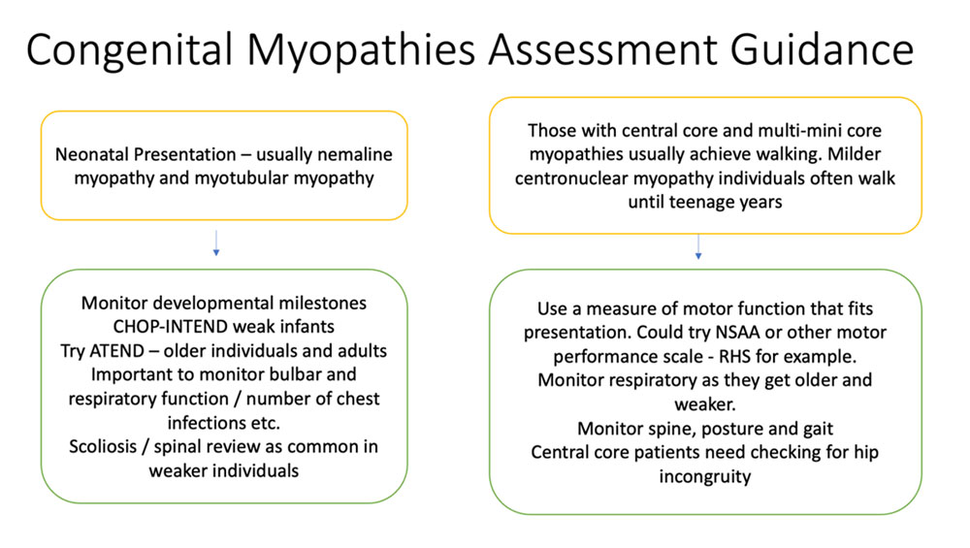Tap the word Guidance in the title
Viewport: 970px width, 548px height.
point(823,49)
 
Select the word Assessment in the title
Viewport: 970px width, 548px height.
point(602,49)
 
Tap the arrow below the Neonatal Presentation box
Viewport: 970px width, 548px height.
point(216,243)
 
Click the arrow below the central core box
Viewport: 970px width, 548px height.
point(698,246)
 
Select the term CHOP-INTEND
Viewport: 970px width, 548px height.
point(161,327)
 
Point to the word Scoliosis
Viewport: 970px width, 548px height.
point(103,446)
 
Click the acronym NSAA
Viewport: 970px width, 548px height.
point(737,333)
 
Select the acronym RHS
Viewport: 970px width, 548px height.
point(733,357)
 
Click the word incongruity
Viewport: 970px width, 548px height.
point(705,477)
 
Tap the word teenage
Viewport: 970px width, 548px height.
point(695,203)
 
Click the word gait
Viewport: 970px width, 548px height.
point(818,430)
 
